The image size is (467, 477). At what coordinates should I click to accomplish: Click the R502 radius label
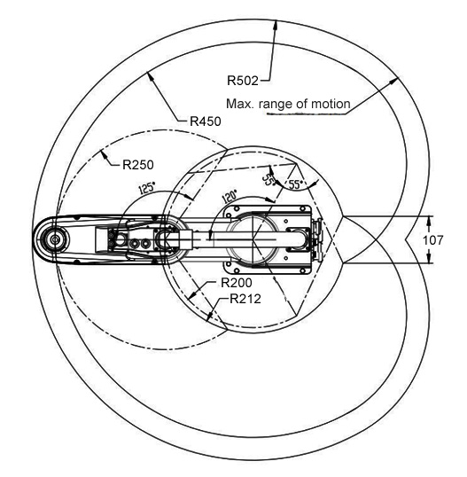point(243,81)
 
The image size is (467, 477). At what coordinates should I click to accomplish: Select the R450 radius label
point(206,121)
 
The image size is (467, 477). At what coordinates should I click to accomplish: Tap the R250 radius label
point(138,165)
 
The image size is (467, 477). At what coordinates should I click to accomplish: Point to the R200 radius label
point(237,283)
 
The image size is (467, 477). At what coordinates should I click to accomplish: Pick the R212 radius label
point(245,299)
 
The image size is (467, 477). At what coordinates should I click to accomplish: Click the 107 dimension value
point(433,240)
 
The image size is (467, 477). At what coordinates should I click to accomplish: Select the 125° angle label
point(147,188)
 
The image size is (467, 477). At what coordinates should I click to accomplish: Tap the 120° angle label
point(230,197)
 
